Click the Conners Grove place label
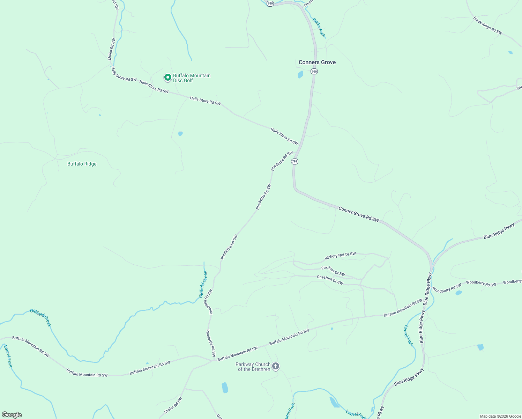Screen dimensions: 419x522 (x=317, y=62)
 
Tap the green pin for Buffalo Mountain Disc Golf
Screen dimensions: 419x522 (x=167, y=77)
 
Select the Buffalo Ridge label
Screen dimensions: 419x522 (x=82, y=164)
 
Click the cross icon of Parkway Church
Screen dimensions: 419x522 (x=276, y=366)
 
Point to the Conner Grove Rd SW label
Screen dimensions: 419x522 (x=358, y=214)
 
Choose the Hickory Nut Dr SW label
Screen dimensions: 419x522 (x=340, y=256)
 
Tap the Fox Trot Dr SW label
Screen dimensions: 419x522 (x=333, y=271)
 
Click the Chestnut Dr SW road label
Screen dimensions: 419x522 (x=330, y=280)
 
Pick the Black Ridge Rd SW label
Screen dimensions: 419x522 (x=487, y=25)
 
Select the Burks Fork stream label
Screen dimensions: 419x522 (x=319, y=28)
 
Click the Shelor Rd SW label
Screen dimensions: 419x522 (x=173, y=405)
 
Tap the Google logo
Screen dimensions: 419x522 (x=12, y=415)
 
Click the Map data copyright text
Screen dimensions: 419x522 (x=500, y=416)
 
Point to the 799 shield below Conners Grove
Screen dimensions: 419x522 (x=314, y=72)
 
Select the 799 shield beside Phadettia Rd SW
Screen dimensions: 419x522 (x=295, y=161)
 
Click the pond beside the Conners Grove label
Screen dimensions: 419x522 (x=300, y=74)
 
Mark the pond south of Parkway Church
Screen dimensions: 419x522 (x=225, y=388)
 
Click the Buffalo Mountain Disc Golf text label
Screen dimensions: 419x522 (x=192, y=78)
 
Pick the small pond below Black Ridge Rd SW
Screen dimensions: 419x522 (x=510, y=53)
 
